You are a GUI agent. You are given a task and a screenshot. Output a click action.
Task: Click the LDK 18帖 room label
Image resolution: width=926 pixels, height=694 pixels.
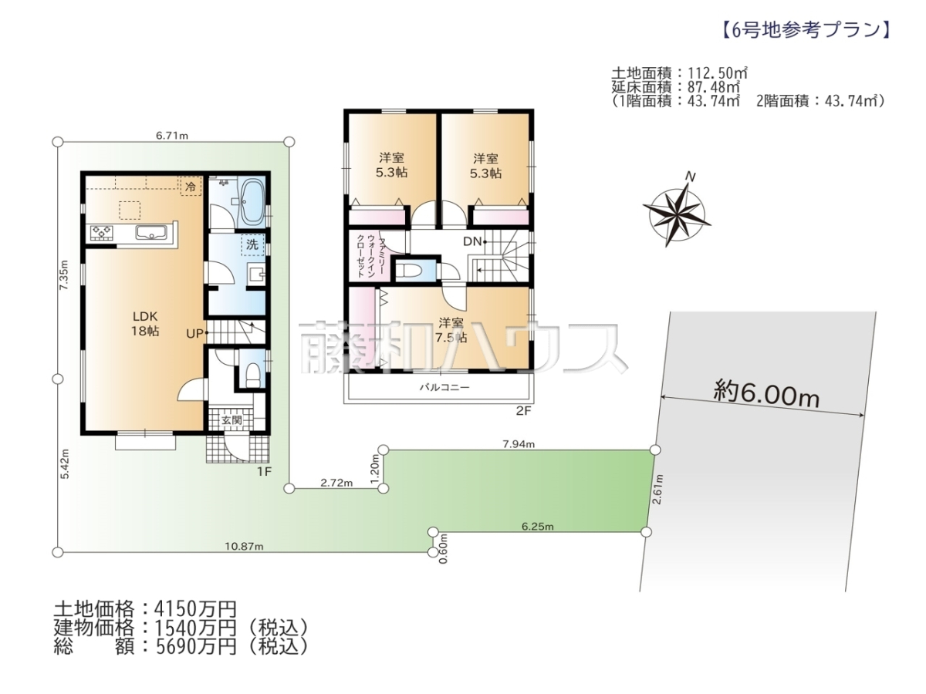click(x=145, y=324)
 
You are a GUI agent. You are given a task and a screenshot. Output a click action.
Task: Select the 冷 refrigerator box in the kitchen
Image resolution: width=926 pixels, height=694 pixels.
click(x=191, y=187)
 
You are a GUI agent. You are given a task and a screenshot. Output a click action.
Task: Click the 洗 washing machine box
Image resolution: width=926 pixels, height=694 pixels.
click(x=252, y=244)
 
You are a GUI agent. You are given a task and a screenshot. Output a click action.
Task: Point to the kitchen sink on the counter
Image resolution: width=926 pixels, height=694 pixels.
click(x=151, y=233)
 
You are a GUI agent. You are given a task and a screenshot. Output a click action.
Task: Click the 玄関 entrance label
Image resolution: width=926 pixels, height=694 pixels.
click(x=231, y=419)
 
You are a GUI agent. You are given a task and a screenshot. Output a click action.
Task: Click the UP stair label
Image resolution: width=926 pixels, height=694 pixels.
click(x=195, y=334)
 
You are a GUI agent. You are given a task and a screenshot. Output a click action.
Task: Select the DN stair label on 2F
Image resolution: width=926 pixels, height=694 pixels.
click(x=472, y=241)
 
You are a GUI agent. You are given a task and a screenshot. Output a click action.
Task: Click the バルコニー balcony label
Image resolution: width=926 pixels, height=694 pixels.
click(x=444, y=387)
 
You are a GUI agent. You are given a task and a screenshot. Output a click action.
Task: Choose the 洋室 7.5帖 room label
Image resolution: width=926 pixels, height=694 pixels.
click(x=451, y=330)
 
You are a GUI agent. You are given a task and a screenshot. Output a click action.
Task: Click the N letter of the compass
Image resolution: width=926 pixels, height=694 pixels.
click(x=690, y=177)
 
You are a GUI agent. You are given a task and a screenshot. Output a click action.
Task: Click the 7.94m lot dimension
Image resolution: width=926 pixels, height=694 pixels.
click(x=519, y=444)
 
